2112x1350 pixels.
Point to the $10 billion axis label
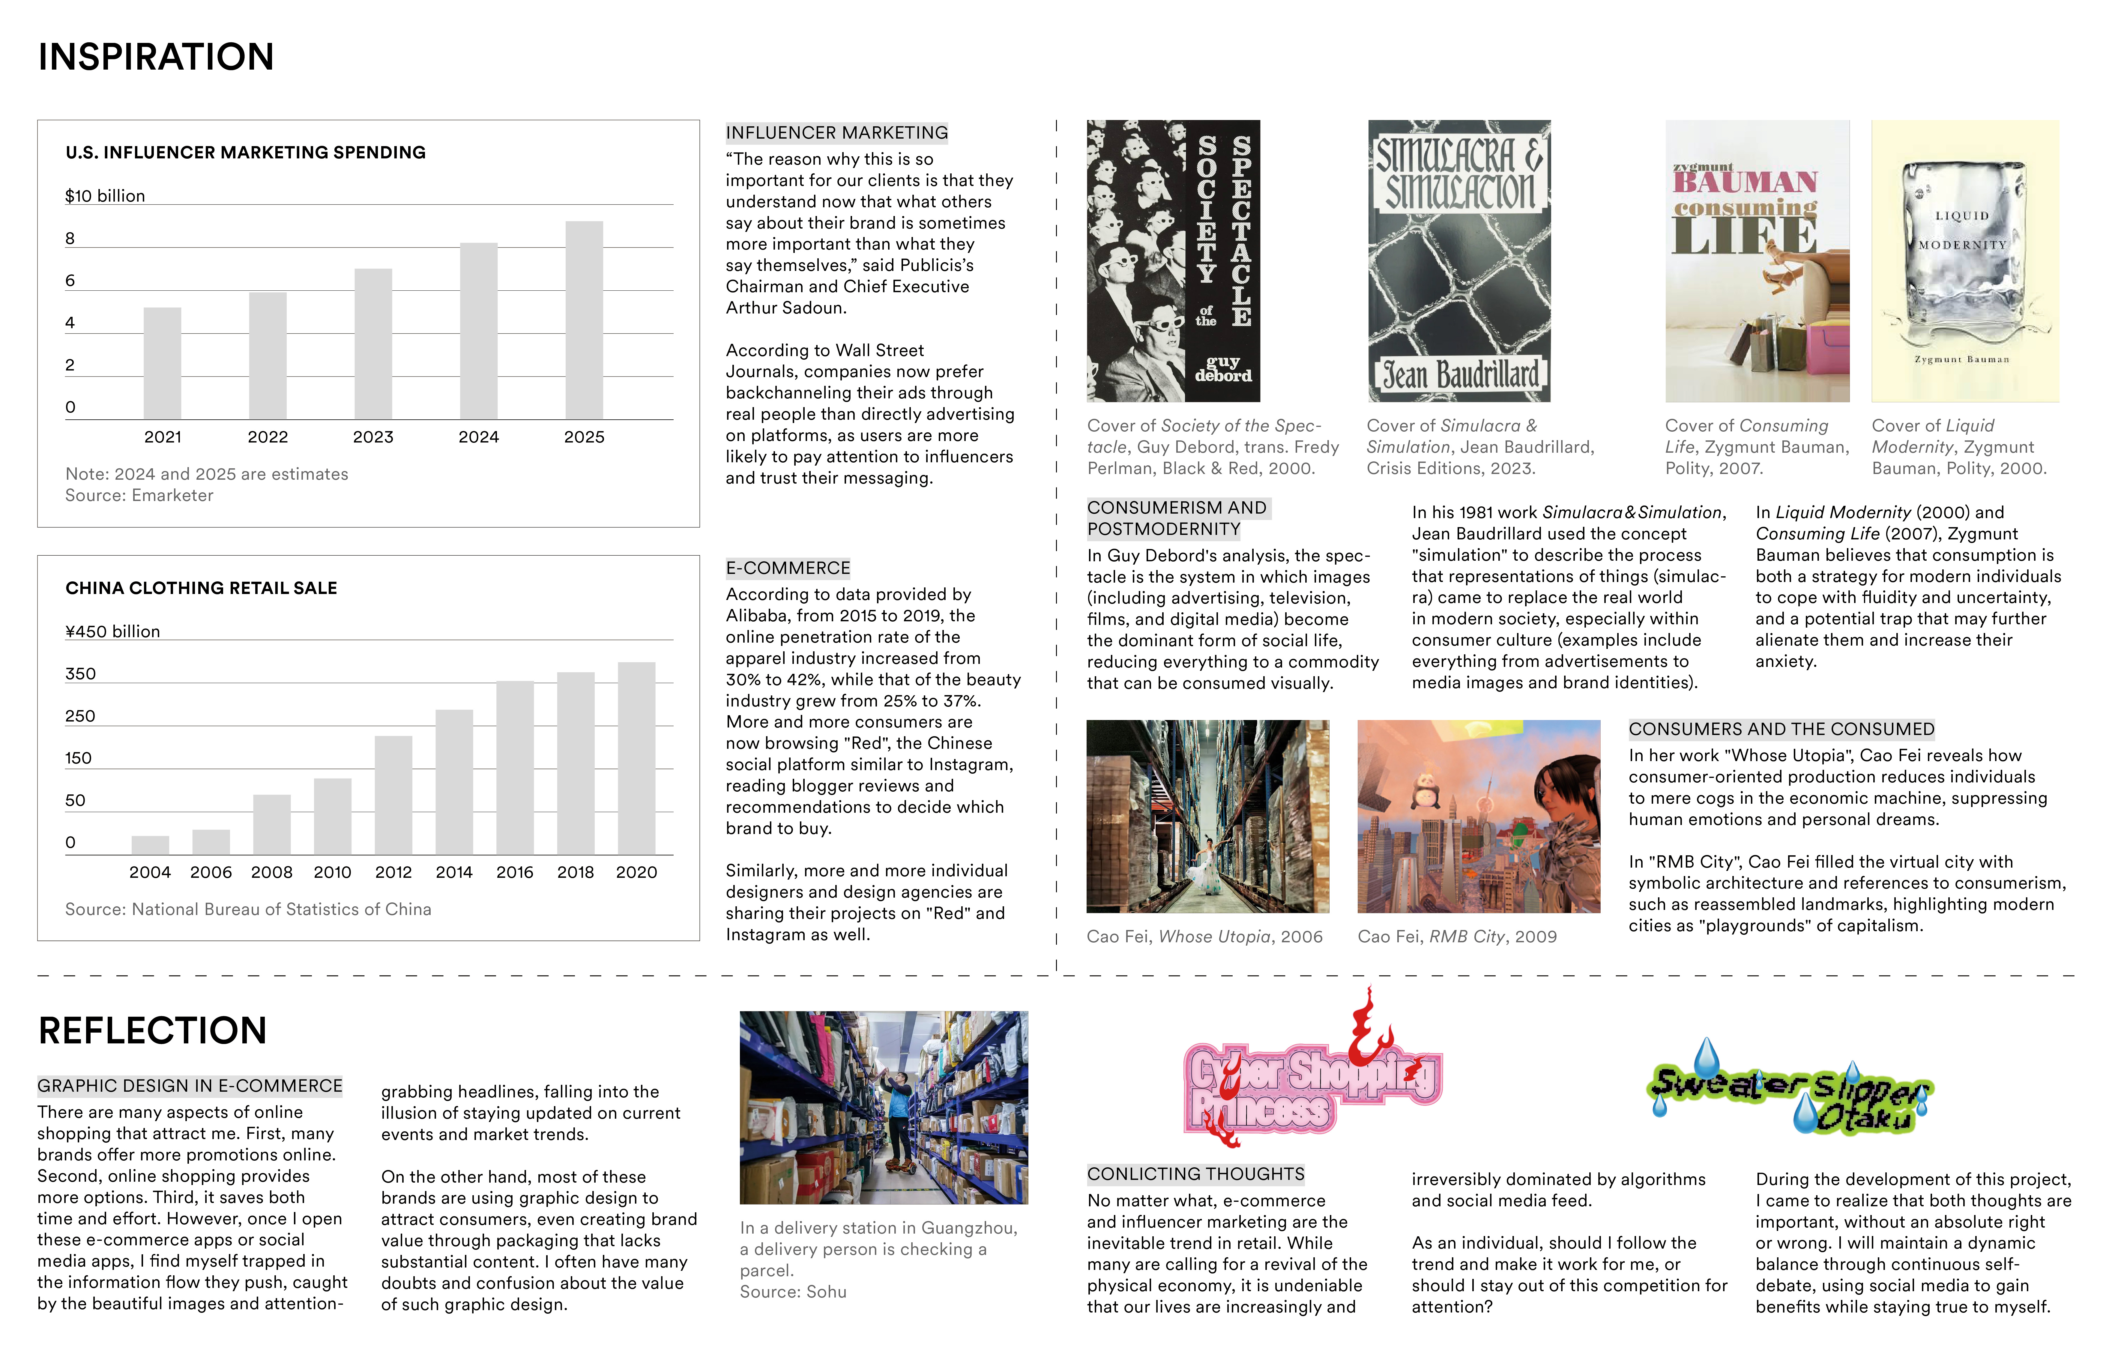(x=105, y=196)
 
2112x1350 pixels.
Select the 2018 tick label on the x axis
(x=575, y=872)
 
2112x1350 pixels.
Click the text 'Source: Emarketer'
(x=139, y=496)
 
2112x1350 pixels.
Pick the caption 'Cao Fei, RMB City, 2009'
(x=1457, y=937)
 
